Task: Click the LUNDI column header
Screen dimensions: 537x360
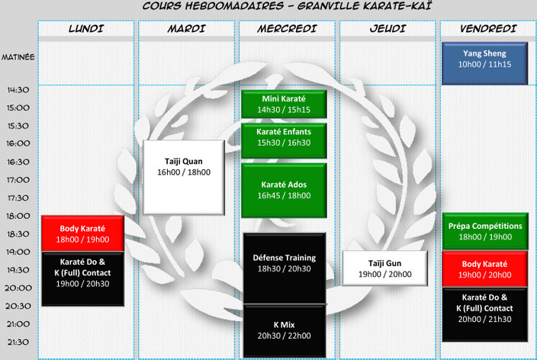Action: point(86,28)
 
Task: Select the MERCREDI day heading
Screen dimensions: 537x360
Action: point(287,28)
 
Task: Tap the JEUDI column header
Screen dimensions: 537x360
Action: point(387,28)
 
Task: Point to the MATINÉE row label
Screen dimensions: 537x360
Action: point(18,57)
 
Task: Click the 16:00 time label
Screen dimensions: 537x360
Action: point(18,143)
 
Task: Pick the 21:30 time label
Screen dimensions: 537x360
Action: point(18,342)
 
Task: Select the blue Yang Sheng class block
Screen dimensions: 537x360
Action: point(484,63)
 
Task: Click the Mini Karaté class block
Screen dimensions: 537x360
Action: point(284,104)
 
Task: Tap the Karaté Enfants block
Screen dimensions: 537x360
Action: point(284,141)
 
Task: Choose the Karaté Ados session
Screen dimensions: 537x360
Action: point(284,191)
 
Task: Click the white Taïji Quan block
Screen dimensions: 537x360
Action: point(184,178)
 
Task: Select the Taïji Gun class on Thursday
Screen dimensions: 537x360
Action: point(385,268)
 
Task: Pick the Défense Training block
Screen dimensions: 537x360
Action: point(285,268)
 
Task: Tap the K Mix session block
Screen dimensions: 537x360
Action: point(285,331)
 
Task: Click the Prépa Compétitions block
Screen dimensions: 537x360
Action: point(485,231)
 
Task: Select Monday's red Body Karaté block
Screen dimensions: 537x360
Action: point(82,233)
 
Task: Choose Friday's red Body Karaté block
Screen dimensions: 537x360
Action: point(484,269)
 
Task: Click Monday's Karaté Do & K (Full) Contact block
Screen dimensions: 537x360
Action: point(82,279)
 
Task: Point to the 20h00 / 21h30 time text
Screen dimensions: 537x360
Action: point(484,320)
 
